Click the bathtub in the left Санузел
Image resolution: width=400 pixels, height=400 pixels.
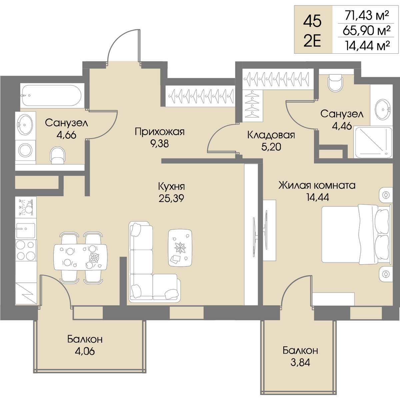click(x=52, y=95)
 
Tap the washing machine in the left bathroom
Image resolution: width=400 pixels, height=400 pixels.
click(x=25, y=150)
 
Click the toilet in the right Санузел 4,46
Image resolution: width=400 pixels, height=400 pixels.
click(x=335, y=83)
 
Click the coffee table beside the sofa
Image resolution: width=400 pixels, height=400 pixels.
click(x=180, y=247)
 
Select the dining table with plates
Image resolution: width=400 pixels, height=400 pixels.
click(x=81, y=257)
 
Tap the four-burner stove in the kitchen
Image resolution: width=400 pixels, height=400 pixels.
click(x=26, y=251)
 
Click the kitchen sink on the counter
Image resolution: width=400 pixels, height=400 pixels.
click(x=26, y=230)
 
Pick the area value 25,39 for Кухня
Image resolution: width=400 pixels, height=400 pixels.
click(x=171, y=198)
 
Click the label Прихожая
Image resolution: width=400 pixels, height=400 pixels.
click(x=160, y=132)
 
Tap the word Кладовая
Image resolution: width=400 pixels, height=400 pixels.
click(x=271, y=135)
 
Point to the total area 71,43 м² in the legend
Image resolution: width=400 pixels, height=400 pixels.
click(x=367, y=16)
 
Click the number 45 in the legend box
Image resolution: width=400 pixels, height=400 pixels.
click(x=312, y=21)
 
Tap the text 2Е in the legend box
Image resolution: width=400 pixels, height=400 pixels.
click(x=312, y=41)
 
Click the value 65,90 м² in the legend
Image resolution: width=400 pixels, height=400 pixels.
click(x=367, y=30)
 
